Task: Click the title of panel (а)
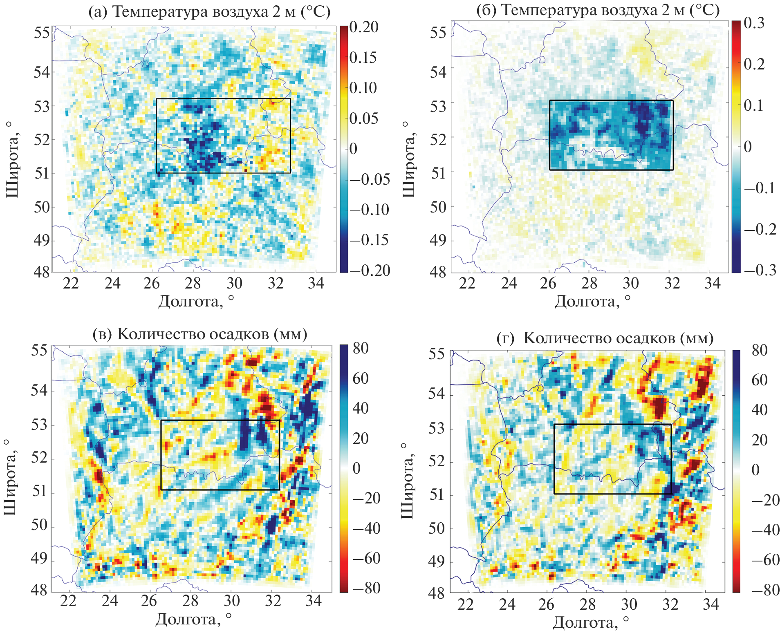pyautogui.click(x=209, y=12)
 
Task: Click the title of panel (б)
pyautogui.click(x=598, y=10)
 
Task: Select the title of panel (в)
pyautogui.click(x=200, y=334)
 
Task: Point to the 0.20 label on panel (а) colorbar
pyautogui.click(x=364, y=27)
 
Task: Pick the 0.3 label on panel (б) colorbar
pyautogui.click(x=754, y=23)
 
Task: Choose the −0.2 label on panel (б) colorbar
pyautogui.click(x=760, y=229)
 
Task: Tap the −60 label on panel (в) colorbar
pyautogui.click(x=366, y=558)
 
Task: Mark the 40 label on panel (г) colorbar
pyautogui.click(x=760, y=410)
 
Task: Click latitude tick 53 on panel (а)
pyautogui.click(x=42, y=107)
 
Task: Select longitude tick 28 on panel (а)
pyautogui.click(x=193, y=283)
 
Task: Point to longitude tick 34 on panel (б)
pyautogui.click(x=713, y=283)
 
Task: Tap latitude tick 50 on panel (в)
pyautogui.click(x=39, y=525)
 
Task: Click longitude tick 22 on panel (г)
pyautogui.click(x=465, y=604)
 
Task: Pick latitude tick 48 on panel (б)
pyautogui.click(x=438, y=272)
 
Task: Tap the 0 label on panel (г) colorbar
pyautogui.click(x=755, y=470)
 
